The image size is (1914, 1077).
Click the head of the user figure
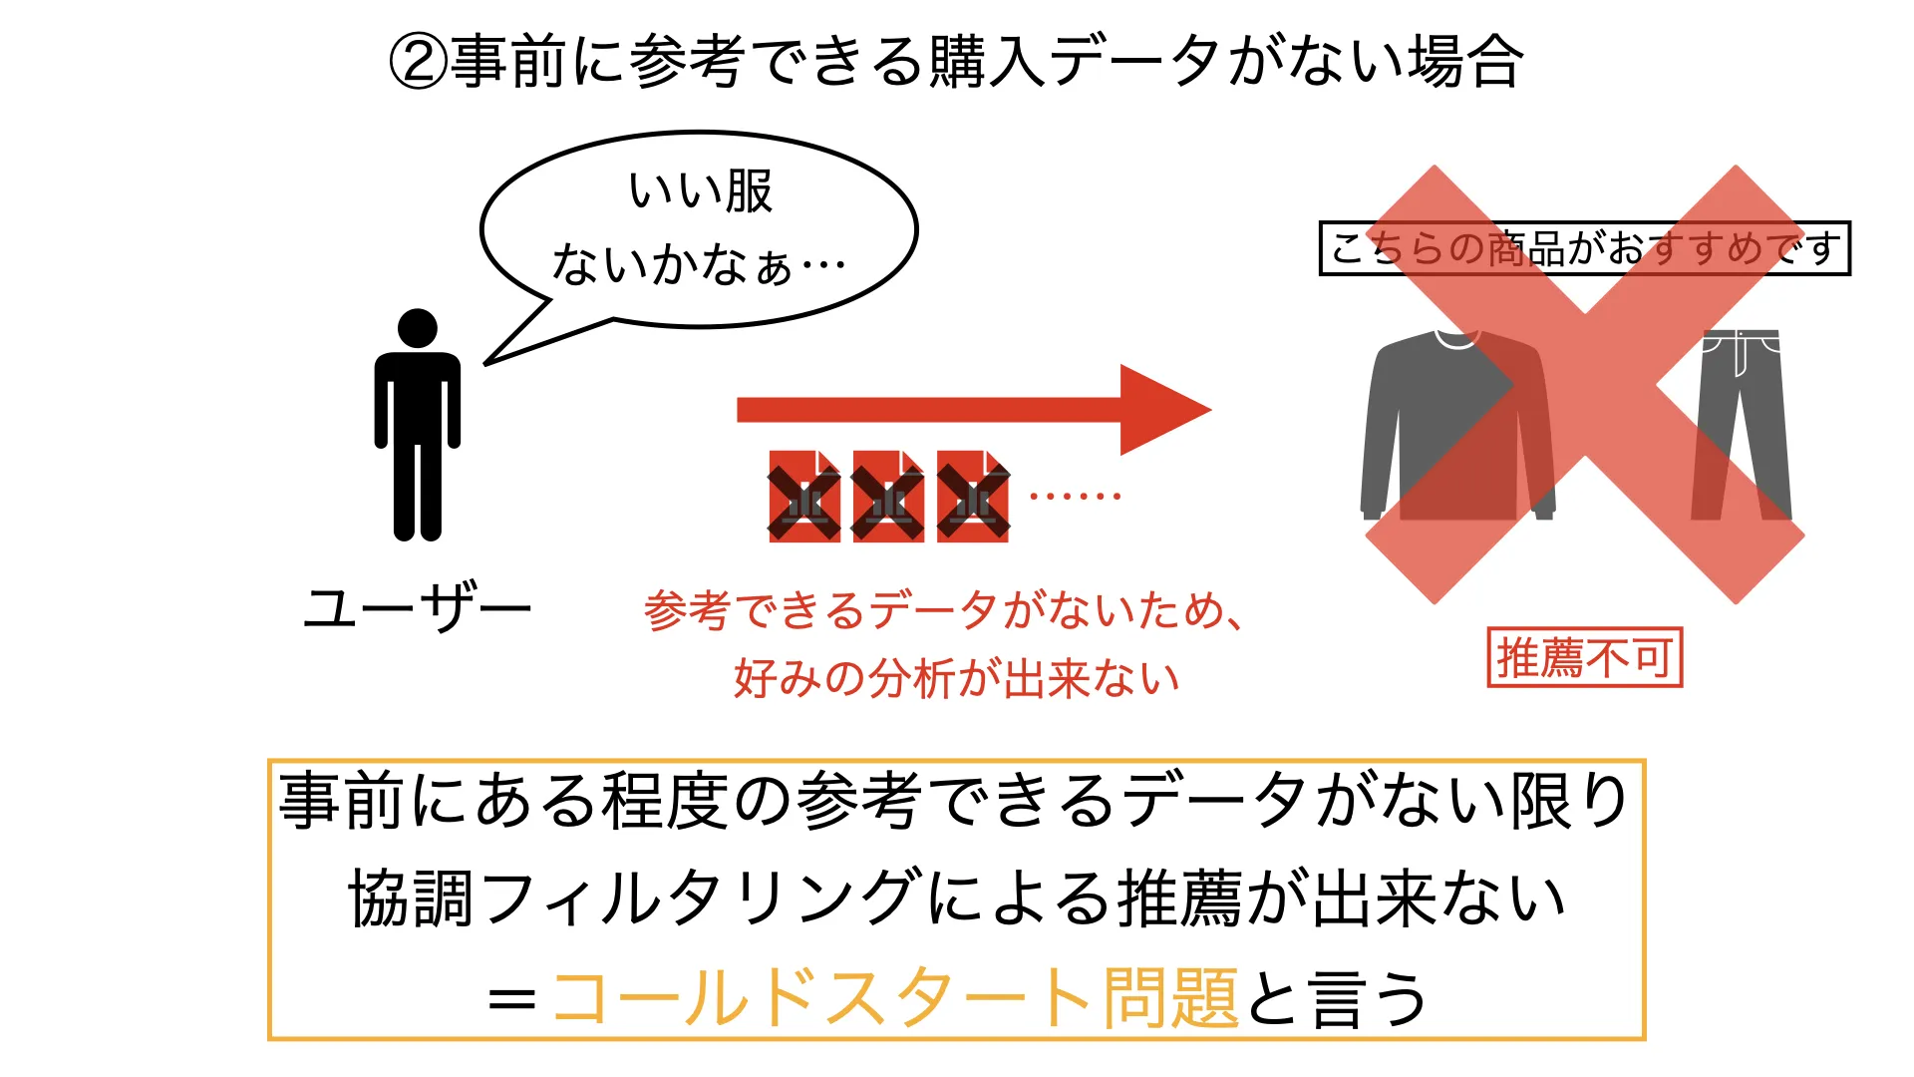(x=417, y=329)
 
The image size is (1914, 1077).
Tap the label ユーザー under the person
(x=418, y=607)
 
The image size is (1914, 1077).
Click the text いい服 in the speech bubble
(x=701, y=191)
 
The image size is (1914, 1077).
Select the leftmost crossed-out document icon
(x=803, y=497)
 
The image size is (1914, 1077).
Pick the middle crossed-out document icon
(x=887, y=497)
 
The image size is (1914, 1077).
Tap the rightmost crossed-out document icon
(x=972, y=497)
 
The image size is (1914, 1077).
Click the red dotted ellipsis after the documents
(x=1075, y=496)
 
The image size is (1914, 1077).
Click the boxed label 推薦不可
(x=1585, y=657)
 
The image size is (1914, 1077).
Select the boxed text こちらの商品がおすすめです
(x=1585, y=248)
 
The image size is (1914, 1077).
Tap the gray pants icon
(x=1741, y=425)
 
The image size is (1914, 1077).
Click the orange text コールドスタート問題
(x=895, y=998)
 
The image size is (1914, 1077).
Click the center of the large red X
(x=1585, y=385)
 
